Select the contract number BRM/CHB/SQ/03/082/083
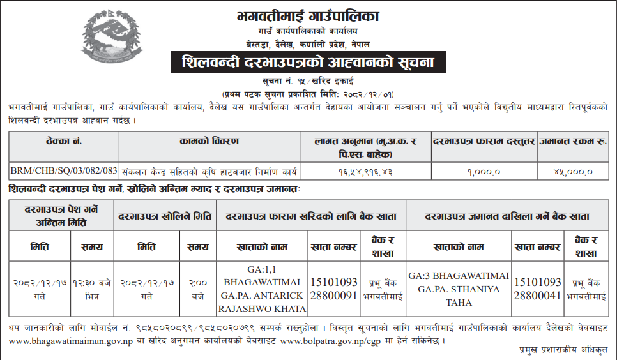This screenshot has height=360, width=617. (65, 171)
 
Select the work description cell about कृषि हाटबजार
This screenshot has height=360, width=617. (211, 171)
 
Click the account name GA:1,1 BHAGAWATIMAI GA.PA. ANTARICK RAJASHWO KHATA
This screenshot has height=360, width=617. (263, 289)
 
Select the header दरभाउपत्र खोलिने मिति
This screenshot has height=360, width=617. (165, 216)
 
